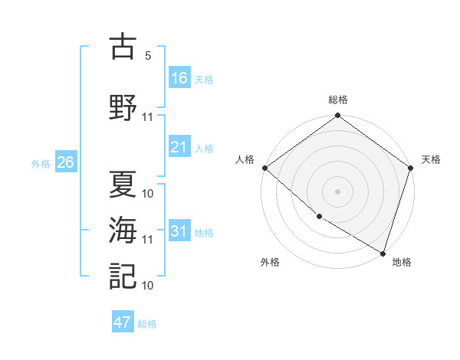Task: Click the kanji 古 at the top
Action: click(123, 48)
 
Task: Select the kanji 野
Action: click(123, 107)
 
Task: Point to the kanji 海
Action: click(123, 229)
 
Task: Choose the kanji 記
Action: click(123, 274)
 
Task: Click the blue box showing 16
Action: click(179, 77)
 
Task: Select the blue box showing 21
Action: click(179, 147)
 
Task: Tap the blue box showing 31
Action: click(179, 231)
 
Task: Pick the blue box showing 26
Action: click(65, 162)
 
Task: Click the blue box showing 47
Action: click(123, 322)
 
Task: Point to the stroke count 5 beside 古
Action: click(147, 56)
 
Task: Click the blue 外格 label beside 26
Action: click(41, 163)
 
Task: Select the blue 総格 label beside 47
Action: click(147, 324)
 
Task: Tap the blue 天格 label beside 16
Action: click(204, 79)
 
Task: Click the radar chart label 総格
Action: click(338, 100)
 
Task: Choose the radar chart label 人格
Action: click(245, 159)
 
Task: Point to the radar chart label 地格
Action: click(402, 262)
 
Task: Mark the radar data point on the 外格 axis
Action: click(319, 217)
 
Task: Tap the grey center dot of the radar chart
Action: click(338, 191)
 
